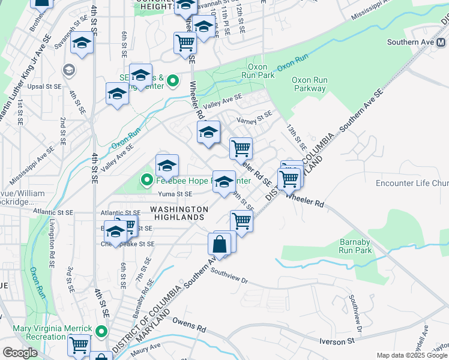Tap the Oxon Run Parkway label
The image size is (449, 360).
pos(309,84)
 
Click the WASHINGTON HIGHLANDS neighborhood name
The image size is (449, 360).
pos(179,213)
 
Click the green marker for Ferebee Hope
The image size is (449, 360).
pos(145,179)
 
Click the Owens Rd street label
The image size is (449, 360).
pos(188,328)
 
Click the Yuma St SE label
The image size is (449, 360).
pos(175,194)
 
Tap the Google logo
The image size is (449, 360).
pos(20,353)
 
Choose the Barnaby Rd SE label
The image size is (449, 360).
pos(142,305)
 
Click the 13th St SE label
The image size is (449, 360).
pos(296,138)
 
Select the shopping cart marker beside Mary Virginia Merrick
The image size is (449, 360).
pos(79,345)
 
